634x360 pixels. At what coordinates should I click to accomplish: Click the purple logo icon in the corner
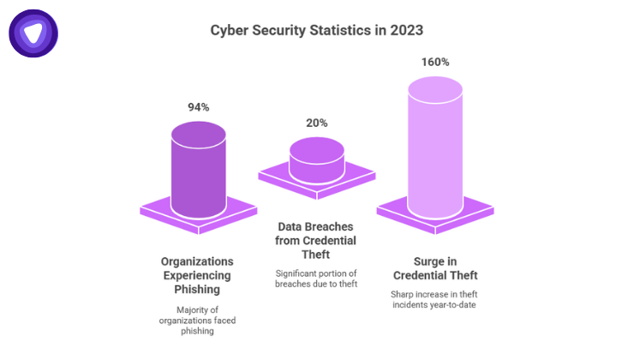coord(33,33)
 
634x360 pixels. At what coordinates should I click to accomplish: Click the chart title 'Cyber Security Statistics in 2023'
coord(317,31)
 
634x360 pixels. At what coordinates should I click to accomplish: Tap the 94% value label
coord(198,107)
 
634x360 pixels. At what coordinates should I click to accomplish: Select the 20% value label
coord(317,123)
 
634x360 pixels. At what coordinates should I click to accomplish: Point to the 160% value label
coord(435,63)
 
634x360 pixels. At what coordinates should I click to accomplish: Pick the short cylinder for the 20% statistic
coord(317,159)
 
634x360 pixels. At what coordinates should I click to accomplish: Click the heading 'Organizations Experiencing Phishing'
coord(198,274)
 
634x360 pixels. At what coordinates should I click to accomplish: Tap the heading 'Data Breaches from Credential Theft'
coord(317,241)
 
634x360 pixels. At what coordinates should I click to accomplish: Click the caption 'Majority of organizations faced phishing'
coord(198,321)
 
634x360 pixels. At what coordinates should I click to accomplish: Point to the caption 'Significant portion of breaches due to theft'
coord(317,279)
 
